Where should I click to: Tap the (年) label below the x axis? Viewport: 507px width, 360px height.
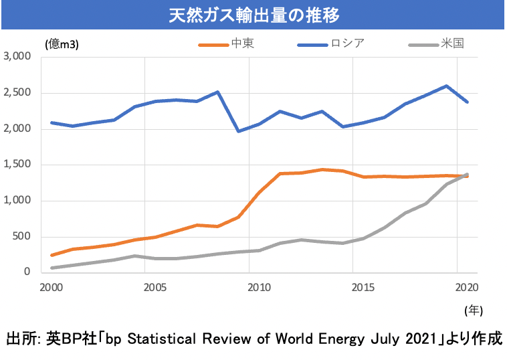click(472, 310)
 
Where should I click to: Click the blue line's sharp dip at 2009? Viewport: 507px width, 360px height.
click(239, 131)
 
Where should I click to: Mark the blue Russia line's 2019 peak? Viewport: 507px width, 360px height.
click(446, 86)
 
